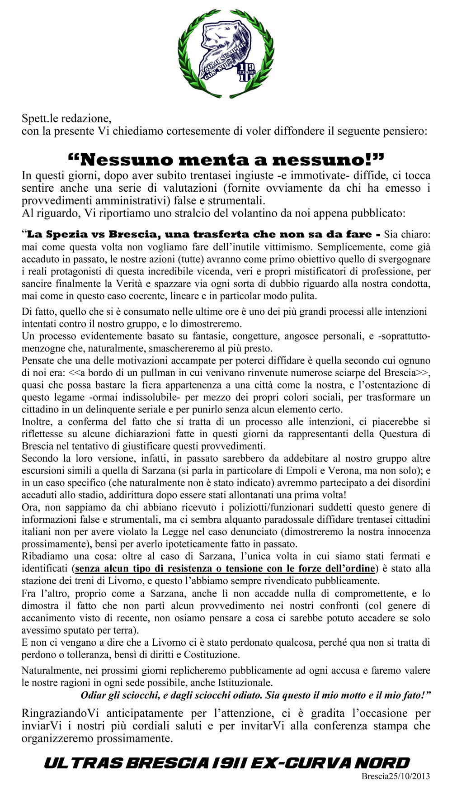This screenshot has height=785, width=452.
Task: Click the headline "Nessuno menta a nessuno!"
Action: point(226,159)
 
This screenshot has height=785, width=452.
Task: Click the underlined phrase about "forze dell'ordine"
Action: point(226,568)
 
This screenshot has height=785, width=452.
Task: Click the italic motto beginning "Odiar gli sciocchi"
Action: point(255,695)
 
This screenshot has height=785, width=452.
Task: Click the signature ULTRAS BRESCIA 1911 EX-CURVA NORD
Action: point(226,763)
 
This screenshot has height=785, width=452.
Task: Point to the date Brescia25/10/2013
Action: point(395,776)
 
